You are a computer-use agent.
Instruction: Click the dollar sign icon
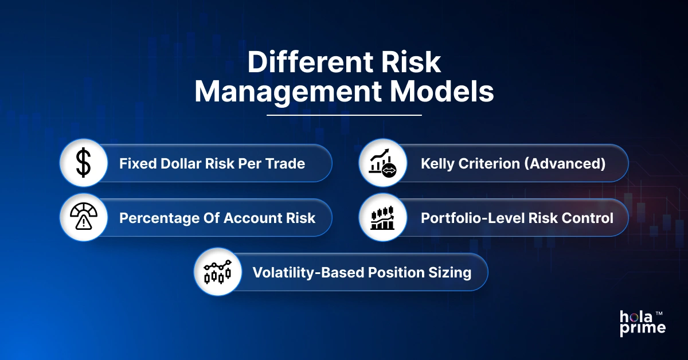point(84,163)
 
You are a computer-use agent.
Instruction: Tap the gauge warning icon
point(84,218)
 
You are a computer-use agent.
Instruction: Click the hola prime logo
point(642,323)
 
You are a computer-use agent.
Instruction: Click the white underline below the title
point(344,115)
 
